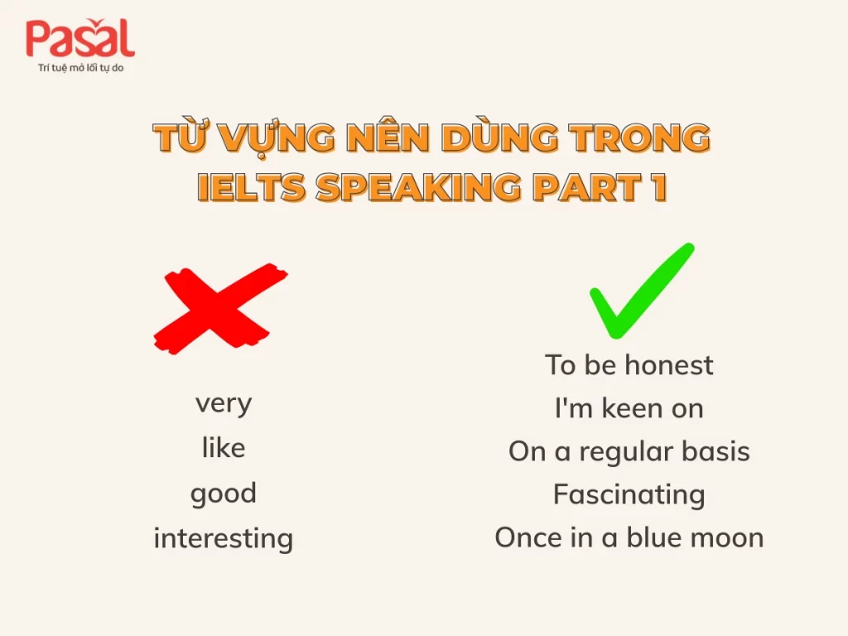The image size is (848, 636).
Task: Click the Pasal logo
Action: pos(79,39)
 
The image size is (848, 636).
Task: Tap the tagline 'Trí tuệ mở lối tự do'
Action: pos(80,67)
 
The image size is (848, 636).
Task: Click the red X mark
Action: pos(220,306)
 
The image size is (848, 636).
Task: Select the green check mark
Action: pos(641,291)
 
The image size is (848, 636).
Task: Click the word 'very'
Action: pos(224,404)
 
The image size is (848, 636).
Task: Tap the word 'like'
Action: pos(224,448)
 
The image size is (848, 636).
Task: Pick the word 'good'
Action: pos(224,494)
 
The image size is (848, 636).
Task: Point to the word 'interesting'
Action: pos(224,538)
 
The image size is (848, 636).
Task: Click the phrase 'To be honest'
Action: pos(629,364)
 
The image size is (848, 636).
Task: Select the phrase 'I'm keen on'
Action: pos(629,407)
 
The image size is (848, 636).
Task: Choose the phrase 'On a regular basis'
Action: pos(629,451)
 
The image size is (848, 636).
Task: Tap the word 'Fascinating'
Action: pos(629,494)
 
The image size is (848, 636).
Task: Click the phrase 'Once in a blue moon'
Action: pos(629,537)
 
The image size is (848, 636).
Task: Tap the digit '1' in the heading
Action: pos(657,187)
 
